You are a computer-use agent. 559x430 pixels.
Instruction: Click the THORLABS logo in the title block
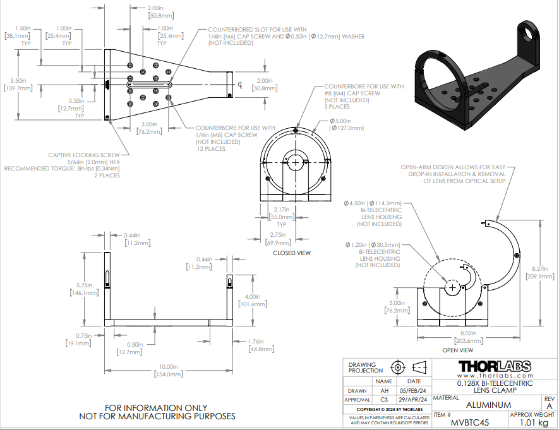coord(495,366)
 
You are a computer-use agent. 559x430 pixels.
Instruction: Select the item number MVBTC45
coord(470,422)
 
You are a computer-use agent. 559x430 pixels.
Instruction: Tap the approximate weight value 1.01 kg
coord(534,422)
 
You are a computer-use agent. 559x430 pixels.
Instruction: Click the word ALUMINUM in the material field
coord(488,405)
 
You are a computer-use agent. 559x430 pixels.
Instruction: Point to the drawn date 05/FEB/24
coord(413,391)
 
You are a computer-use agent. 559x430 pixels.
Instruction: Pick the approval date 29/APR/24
coord(413,400)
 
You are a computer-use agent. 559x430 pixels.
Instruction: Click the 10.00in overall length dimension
coord(168,367)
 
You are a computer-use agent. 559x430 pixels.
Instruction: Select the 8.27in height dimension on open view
coord(540,269)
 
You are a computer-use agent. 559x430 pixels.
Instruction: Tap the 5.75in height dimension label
coord(84,285)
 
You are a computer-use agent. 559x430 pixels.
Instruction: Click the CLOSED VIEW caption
coord(292,253)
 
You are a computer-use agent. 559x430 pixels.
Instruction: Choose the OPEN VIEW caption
coord(457,350)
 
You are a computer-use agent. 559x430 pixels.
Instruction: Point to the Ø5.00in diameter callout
coord(340,121)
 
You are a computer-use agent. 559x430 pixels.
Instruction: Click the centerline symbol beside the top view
coord(241,85)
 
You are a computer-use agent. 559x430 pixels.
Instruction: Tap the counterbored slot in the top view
coord(149,85)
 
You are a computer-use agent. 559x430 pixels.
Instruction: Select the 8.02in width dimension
coord(468,333)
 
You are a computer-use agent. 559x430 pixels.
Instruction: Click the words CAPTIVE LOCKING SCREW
coord(84,155)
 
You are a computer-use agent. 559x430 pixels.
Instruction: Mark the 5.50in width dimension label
coord(18,81)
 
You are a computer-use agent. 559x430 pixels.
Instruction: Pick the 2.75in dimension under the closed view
coord(278,235)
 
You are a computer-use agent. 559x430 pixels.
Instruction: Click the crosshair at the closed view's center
coord(296,162)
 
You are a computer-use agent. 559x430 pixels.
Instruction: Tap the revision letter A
coord(550,407)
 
